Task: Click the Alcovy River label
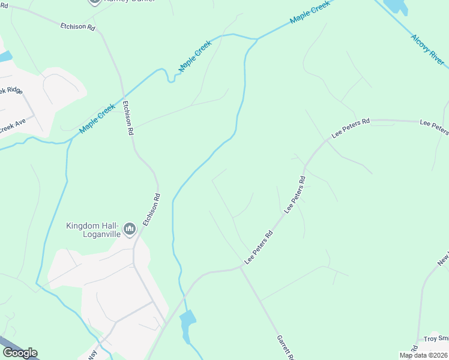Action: [x=428, y=50]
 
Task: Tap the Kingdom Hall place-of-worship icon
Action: [x=129, y=229]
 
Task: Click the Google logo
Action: [x=20, y=353]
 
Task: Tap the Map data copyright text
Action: [x=424, y=355]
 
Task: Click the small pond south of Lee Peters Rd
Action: [x=188, y=325]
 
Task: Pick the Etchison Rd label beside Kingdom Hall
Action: [x=151, y=209]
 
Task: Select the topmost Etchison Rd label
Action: [x=78, y=27]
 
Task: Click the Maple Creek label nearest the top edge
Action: [x=310, y=13]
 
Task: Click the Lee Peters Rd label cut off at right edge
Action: [x=434, y=127]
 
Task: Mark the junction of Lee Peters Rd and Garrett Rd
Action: [x=240, y=268]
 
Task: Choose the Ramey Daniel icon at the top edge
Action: [x=95, y=2]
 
